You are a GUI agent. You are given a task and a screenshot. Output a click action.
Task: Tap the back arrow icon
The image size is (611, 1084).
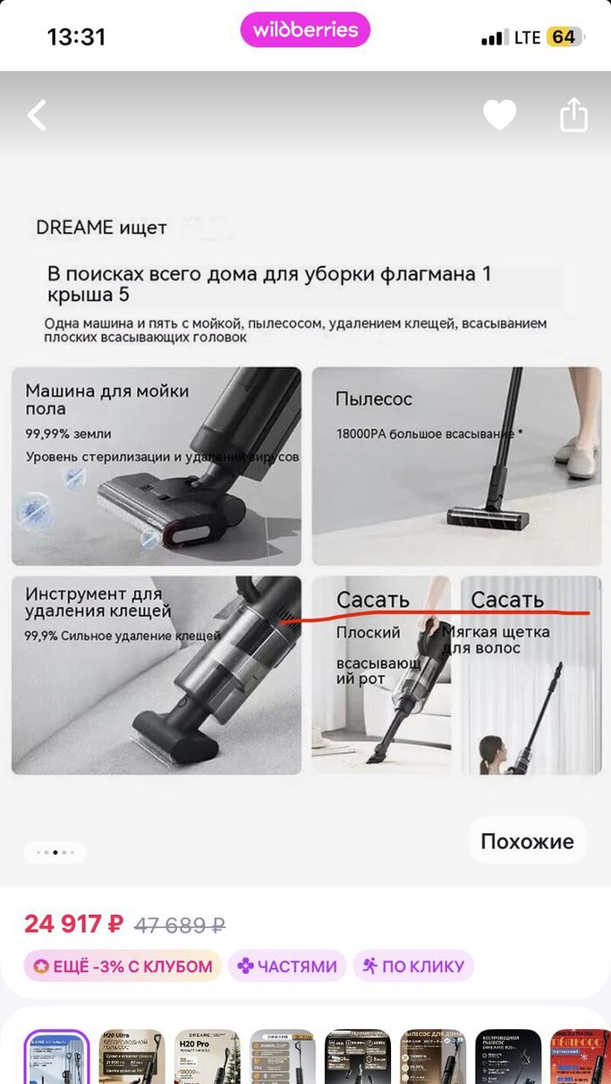click(37, 115)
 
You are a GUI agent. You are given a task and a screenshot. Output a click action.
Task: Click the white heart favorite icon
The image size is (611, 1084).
click(499, 115)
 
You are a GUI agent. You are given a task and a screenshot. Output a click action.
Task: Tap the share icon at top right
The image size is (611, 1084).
click(573, 115)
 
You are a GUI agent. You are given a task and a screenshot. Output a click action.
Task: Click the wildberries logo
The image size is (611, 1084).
click(305, 31)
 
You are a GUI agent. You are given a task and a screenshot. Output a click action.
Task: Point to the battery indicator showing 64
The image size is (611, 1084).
click(563, 38)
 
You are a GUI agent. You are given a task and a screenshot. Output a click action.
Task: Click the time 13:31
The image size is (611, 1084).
click(76, 38)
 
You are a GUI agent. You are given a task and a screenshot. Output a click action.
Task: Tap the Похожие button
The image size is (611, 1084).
click(527, 841)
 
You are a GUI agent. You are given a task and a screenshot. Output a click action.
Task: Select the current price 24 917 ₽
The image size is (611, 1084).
click(73, 923)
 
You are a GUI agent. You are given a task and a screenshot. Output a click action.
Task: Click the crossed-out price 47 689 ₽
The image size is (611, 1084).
click(181, 924)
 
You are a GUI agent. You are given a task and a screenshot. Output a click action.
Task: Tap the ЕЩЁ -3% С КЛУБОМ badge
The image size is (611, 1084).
click(122, 966)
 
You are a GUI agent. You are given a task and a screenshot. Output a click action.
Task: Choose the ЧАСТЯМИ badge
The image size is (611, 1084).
click(287, 966)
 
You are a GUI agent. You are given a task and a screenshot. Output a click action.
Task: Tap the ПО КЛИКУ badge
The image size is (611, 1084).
click(413, 966)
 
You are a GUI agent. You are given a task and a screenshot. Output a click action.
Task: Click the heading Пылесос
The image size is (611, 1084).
click(374, 399)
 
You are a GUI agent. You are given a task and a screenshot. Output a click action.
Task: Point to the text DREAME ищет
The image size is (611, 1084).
click(101, 228)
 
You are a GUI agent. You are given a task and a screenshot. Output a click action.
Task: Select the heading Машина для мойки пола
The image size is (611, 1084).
click(106, 399)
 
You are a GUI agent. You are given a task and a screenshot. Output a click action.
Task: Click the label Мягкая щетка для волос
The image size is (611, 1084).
click(495, 639)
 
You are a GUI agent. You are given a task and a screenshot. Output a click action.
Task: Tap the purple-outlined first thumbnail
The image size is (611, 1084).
click(57, 1057)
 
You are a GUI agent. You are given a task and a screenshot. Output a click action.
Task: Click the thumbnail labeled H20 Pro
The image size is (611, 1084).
click(207, 1057)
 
